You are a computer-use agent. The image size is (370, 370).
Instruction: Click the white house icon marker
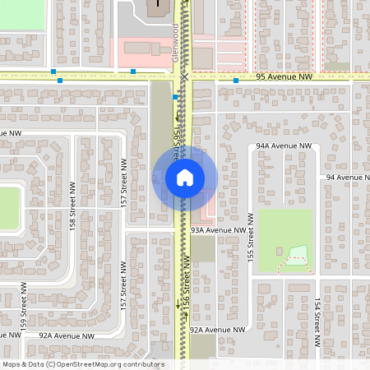coord(184,178)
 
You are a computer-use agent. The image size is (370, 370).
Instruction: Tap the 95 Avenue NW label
coord(283,76)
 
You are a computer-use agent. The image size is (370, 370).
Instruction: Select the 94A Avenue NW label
coord(284,146)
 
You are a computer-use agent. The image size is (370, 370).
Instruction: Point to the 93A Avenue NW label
coord(218,231)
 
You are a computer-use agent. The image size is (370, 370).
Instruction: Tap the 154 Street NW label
coord(317,316)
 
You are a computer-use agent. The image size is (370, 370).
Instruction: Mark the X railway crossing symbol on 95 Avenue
coord(186,76)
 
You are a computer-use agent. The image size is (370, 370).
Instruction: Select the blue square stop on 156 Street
coord(175,97)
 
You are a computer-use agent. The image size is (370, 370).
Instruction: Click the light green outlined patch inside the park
coord(298,256)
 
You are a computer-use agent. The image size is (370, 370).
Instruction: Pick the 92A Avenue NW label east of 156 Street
coord(217,329)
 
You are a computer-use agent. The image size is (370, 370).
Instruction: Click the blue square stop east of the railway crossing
coord(235,81)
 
